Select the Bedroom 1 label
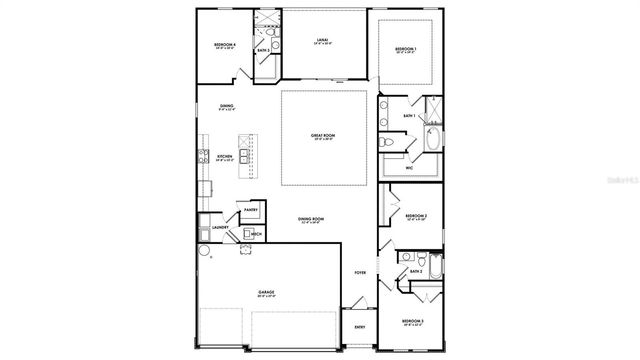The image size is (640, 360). click(405, 49)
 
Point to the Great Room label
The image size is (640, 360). click(323, 135)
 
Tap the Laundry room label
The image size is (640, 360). click(220, 228)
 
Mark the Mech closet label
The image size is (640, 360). click(256, 234)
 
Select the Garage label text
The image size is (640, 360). click(267, 293)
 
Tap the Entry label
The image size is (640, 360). click(359, 326)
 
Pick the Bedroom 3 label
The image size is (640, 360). click(414, 321)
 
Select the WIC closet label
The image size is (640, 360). click(409, 168)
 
